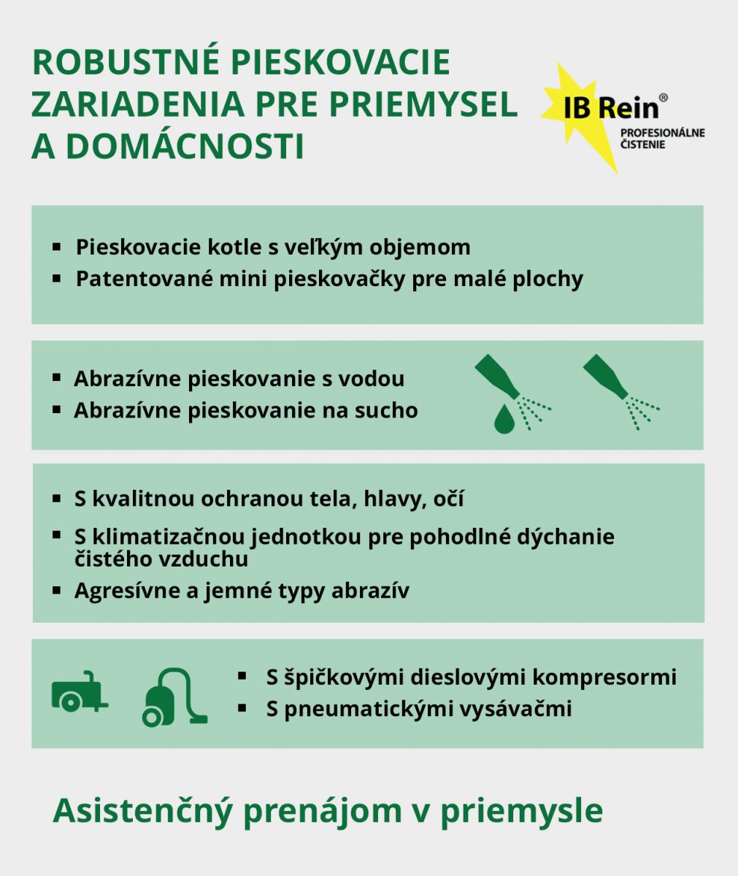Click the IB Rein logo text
[611, 107]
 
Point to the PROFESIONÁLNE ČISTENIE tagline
[662, 139]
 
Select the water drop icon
[504, 418]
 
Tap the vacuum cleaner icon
[173, 698]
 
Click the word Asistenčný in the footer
[143, 810]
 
